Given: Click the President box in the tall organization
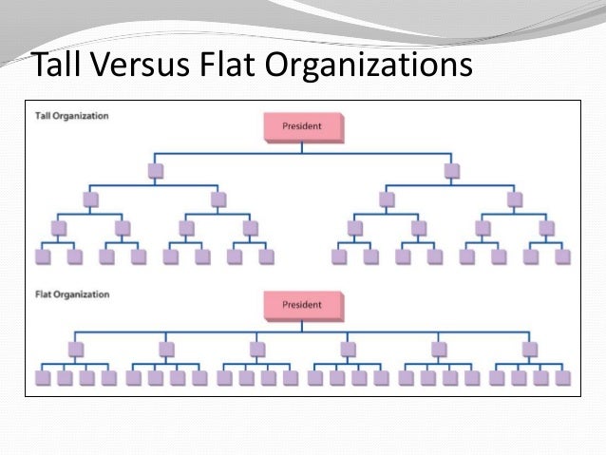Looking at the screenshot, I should click(302, 125).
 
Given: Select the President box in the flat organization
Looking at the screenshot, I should click(302, 305).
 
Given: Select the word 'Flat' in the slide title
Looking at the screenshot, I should click(223, 67).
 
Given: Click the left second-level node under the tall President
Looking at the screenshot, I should click(155, 171).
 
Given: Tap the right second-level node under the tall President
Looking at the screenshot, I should click(451, 171).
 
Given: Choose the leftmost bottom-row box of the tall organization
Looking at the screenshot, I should click(42, 256).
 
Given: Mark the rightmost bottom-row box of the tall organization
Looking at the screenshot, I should click(563, 256).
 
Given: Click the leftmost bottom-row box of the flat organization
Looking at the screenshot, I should click(42, 378).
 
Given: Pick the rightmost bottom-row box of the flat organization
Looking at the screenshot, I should click(563, 378).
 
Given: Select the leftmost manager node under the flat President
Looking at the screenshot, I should click(76, 349).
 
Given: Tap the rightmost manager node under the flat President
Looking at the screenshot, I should click(527, 349).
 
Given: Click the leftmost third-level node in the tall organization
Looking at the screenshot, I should click(90, 199).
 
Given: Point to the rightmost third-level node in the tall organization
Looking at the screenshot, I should click(515, 199).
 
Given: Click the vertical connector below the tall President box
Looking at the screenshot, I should click(302, 146).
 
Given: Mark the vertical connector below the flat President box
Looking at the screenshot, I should click(302, 326).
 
